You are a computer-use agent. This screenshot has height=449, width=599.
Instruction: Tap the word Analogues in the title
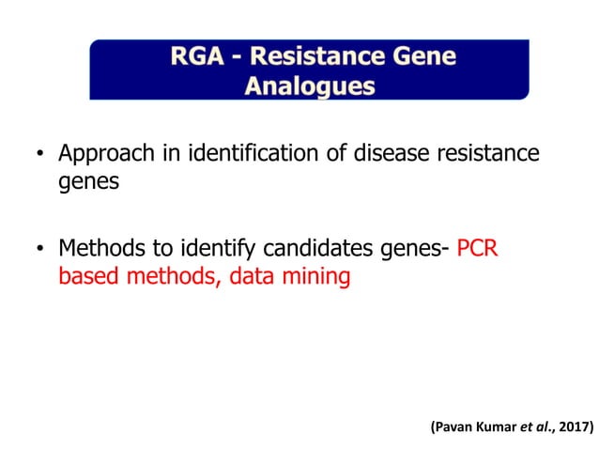(x=310, y=86)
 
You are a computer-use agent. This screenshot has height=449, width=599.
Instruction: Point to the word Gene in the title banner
(x=427, y=56)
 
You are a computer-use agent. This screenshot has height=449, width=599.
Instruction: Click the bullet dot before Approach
(x=39, y=154)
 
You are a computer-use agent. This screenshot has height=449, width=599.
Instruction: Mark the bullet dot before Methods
(x=39, y=251)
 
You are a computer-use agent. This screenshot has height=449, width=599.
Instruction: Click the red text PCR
(x=480, y=250)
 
